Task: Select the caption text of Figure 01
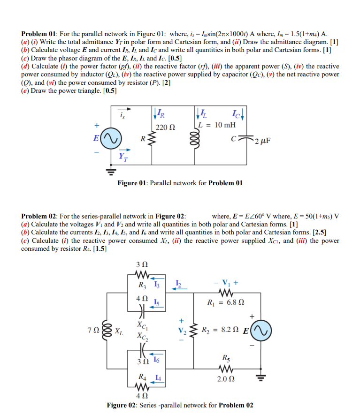pos(180,183)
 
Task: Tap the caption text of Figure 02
pos(180,405)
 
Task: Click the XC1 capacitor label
pos(141,324)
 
